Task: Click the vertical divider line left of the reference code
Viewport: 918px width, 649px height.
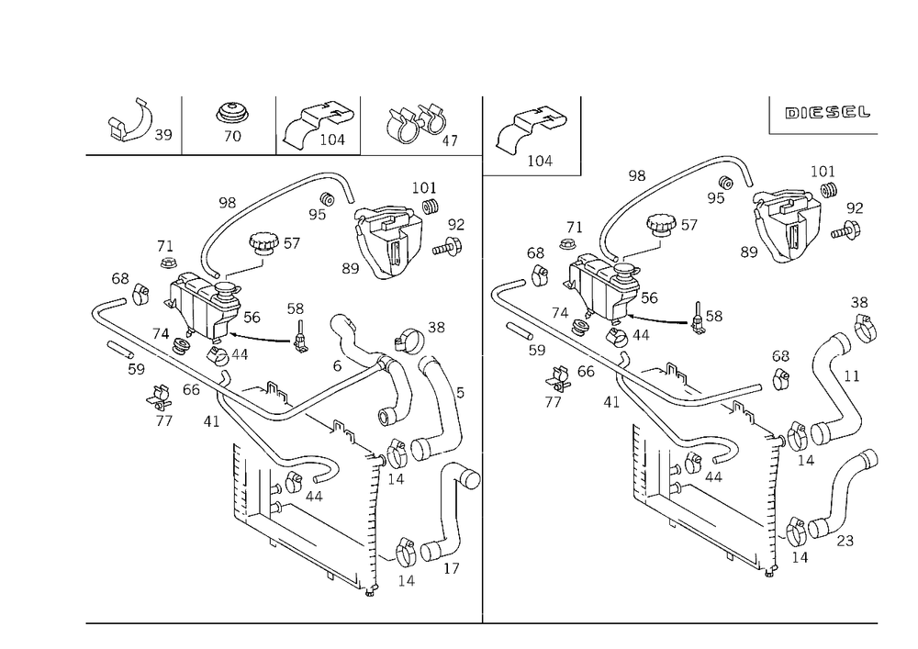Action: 767,115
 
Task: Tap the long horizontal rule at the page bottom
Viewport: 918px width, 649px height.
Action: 477,621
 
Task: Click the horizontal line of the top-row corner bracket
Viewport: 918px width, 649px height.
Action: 422,151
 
